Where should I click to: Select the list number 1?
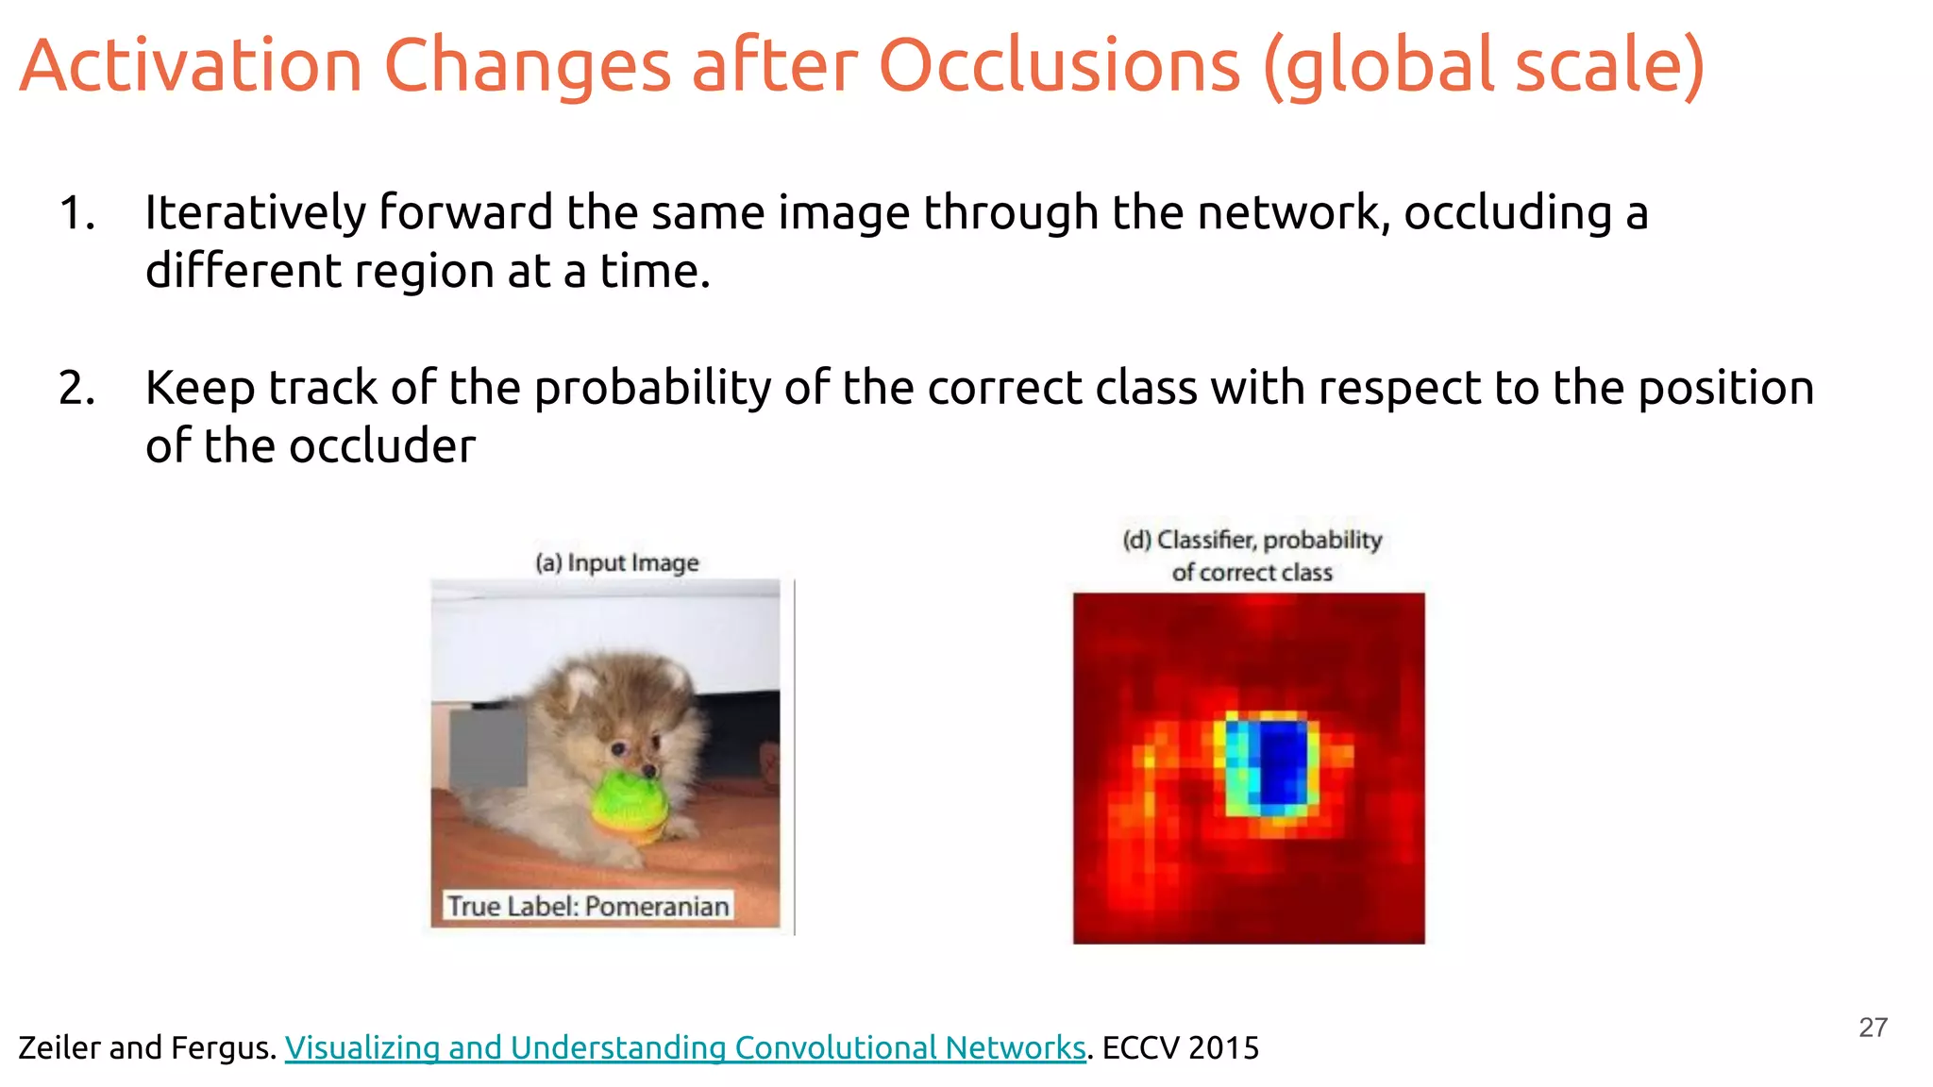click(76, 213)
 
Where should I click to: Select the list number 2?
click(76, 389)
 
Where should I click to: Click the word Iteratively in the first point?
click(254, 213)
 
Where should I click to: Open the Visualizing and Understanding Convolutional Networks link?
click(684, 1047)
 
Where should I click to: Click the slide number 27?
click(1873, 1028)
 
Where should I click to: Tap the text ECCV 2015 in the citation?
click(1180, 1047)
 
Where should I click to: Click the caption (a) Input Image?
click(617, 563)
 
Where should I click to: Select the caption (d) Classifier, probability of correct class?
click(1252, 556)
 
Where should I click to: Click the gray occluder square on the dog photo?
click(488, 748)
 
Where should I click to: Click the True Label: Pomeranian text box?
click(587, 906)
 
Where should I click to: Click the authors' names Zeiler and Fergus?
click(146, 1047)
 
